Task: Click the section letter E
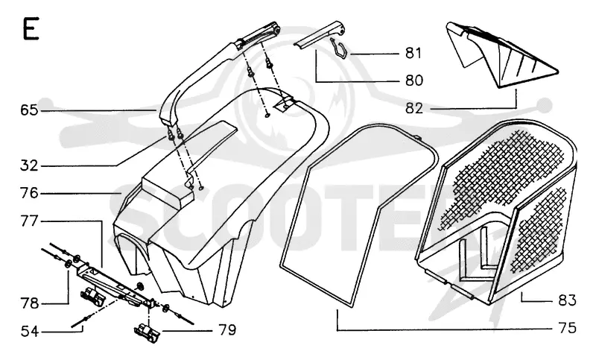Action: pyautogui.click(x=31, y=28)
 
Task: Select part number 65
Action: pyautogui.click(x=29, y=110)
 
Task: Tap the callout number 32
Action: pyautogui.click(x=29, y=165)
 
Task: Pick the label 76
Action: pyautogui.click(x=29, y=193)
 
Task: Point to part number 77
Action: pyautogui.click(x=29, y=221)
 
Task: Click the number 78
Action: pyautogui.click(x=29, y=303)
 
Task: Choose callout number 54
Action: pyautogui.click(x=29, y=331)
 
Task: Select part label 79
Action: pyautogui.click(x=227, y=329)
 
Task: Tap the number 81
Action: pyautogui.click(x=413, y=53)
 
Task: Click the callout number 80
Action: pyautogui.click(x=413, y=80)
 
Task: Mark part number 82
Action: pyautogui.click(x=413, y=108)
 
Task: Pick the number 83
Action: pyautogui.click(x=567, y=300)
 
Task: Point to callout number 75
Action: pyautogui.click(x=567, y=328)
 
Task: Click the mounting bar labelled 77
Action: pyautogui.click(x=114, y=283)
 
